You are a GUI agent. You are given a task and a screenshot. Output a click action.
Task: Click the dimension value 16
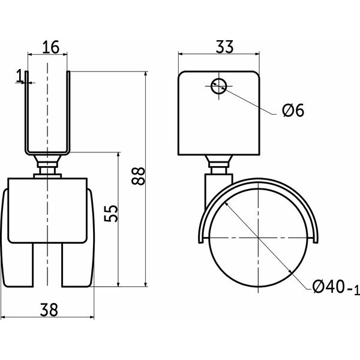51,47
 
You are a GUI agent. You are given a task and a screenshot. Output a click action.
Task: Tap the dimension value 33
224,47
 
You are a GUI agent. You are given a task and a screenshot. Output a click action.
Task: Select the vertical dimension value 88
138,176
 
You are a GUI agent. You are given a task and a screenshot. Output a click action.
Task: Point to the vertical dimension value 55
111,214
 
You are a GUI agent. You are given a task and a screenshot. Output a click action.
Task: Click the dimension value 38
49,310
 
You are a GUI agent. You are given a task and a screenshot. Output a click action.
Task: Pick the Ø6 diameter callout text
293,110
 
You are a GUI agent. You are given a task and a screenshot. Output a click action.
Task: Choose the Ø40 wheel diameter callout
335,287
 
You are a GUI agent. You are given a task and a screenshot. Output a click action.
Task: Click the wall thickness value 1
20,76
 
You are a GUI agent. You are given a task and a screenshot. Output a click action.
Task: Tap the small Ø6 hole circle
219,86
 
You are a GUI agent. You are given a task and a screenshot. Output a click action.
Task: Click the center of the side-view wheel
259,238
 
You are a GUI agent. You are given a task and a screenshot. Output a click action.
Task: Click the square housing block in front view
47,211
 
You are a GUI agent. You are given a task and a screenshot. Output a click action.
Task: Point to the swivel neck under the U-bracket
47,165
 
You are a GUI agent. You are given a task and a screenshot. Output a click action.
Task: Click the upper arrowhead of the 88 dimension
145,74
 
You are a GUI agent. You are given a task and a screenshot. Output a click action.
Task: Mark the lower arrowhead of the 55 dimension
118,284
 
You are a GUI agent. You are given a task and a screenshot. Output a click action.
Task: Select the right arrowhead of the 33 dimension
257,54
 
